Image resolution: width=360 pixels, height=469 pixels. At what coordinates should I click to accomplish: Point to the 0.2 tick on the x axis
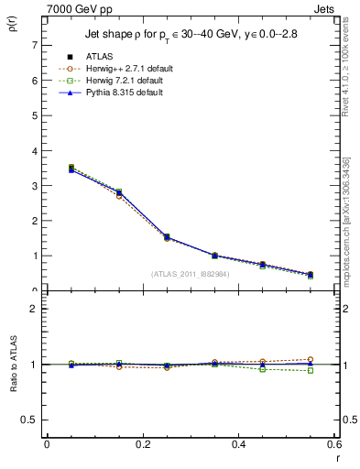(142, 444)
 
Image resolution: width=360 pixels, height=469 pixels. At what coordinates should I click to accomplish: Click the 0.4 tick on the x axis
(238, 444)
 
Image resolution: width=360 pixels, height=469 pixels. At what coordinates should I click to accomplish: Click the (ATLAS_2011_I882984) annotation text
(190, 274)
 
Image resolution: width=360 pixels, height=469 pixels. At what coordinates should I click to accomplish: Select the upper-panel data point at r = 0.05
(71, 169)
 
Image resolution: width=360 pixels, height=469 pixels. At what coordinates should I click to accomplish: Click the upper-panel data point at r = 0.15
(118, 193)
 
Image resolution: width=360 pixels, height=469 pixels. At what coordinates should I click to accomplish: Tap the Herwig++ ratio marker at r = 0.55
(311, 359)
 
